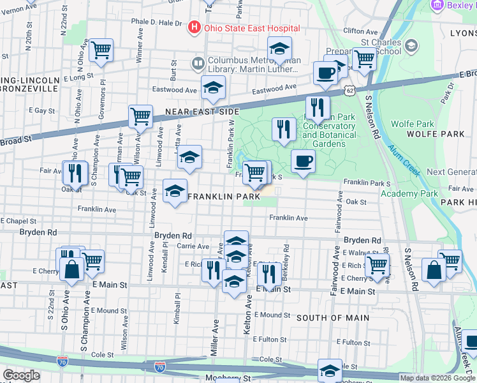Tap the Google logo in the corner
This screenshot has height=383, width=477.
pos(21,375)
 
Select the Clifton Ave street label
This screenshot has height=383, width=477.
pos(360,31)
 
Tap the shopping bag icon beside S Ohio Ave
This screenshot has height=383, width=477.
pos(71,269)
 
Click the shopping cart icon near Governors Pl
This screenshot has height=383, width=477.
pos(101,50)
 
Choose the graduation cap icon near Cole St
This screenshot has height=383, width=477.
pos(330,371)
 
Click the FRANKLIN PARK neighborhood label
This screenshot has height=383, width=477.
pos(223,197)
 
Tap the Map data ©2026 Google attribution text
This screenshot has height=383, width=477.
pos(437,378)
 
